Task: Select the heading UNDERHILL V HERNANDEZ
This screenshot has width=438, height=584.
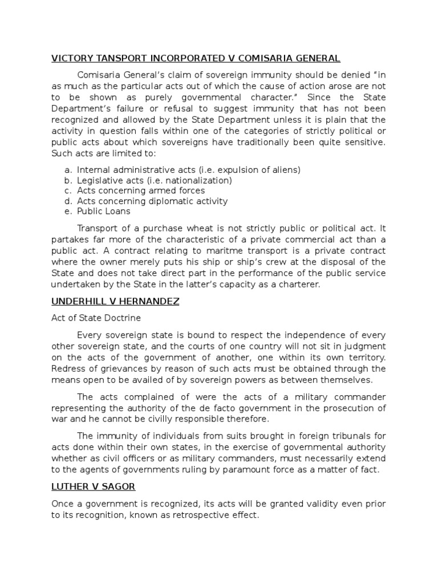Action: pos(115,301)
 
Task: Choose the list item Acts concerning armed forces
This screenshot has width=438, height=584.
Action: pos(141,190)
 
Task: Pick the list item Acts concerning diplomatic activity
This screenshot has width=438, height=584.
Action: pos(152,201)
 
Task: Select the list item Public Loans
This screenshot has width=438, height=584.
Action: pos(104,211)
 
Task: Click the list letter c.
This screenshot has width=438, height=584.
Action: pos(67,190)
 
